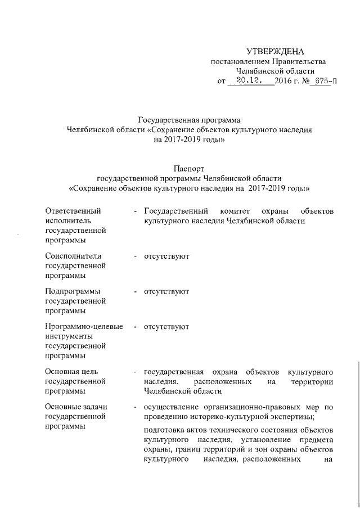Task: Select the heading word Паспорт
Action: (188, 168)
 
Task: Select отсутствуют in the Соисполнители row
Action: (166, 256)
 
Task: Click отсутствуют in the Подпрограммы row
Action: (166, 292)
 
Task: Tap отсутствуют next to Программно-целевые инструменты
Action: (166, 327)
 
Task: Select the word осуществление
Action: (172, 407)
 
